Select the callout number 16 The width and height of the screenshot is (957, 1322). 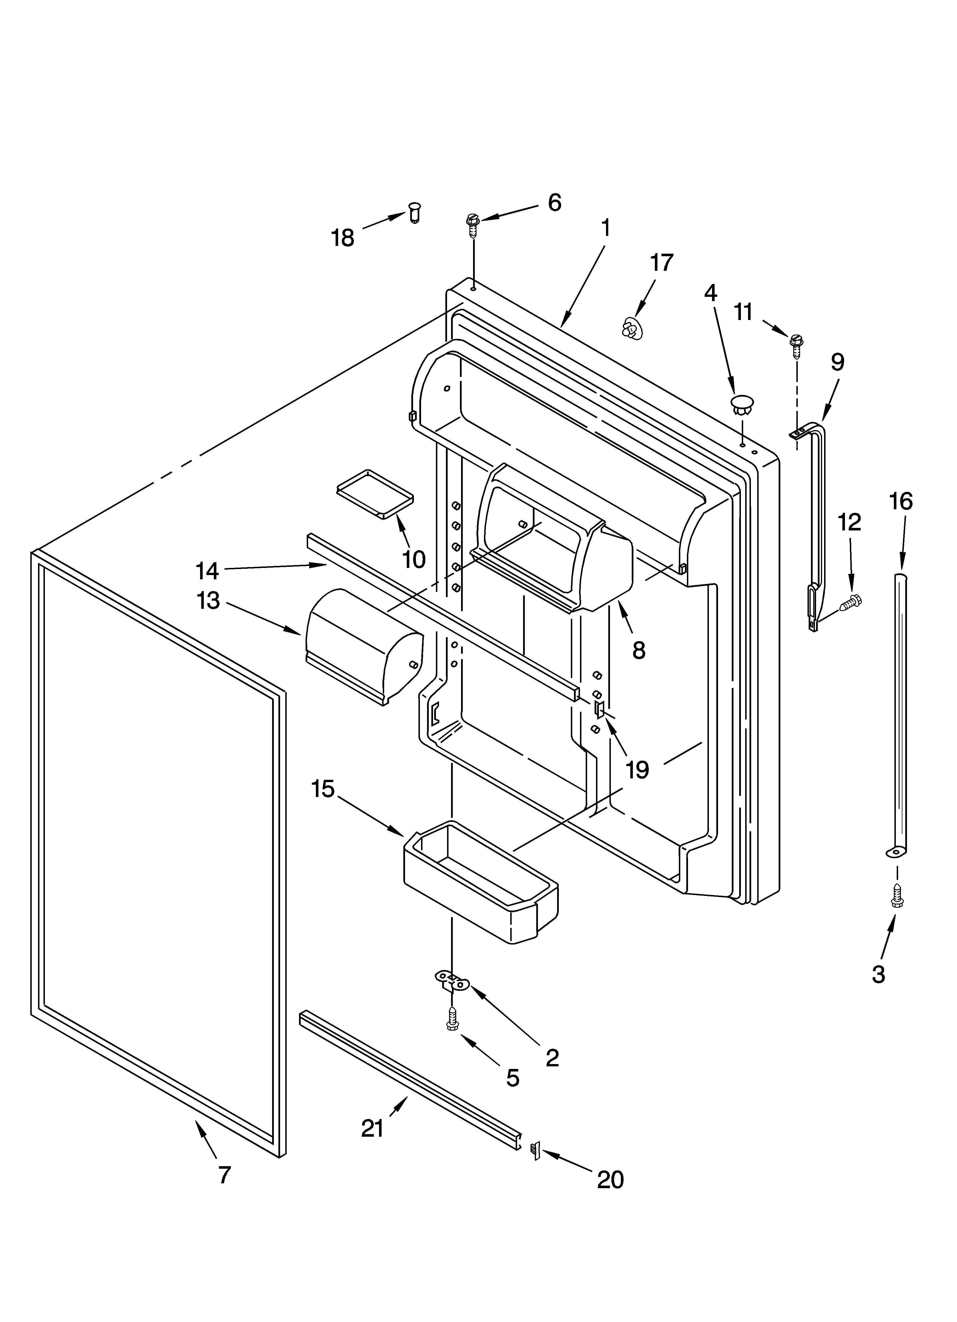coord(901,501)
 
